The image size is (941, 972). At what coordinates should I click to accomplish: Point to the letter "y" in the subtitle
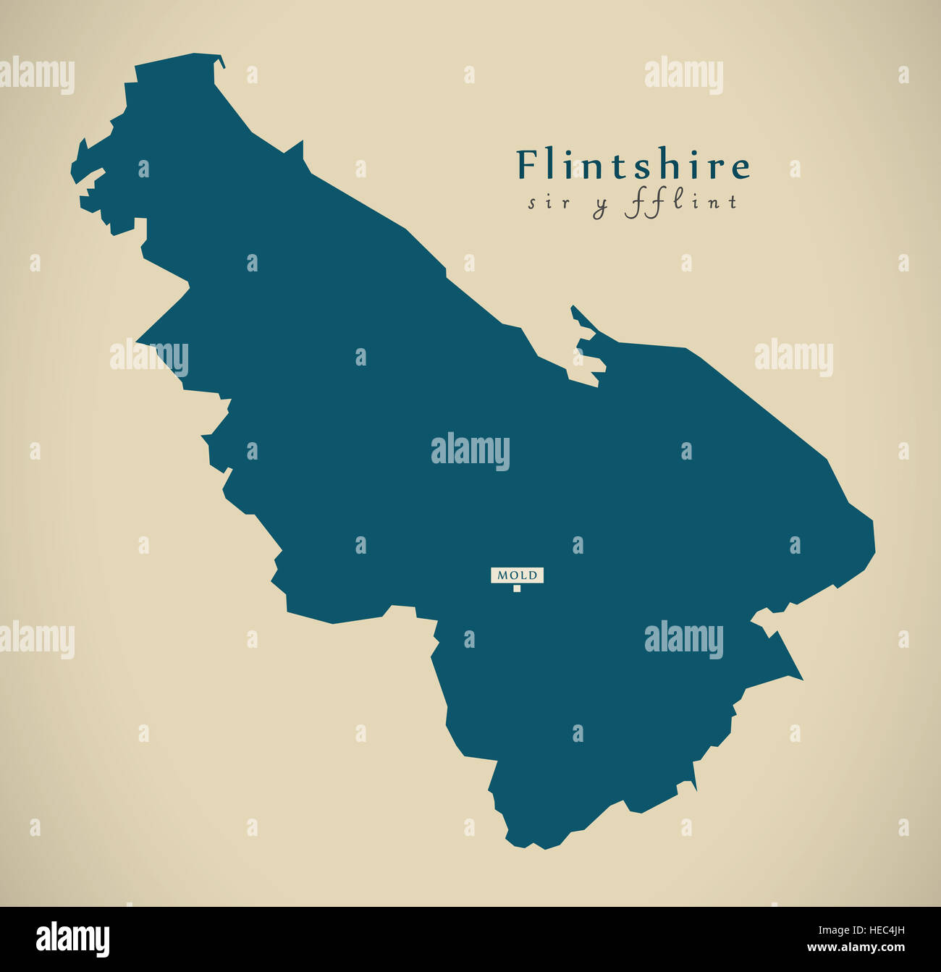(x=600, y=206)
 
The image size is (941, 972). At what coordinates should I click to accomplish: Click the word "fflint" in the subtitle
(x=680, y=203)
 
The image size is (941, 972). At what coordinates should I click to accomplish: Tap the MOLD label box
(x=517, y=575)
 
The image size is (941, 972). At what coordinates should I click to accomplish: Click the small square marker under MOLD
(x=517, y=588)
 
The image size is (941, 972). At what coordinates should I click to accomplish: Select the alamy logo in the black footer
(x=72, y=939)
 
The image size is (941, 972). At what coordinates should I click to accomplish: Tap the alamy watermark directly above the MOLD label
(x=470, y=452)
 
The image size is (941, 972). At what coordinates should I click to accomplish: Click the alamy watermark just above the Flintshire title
(x=683, y=75)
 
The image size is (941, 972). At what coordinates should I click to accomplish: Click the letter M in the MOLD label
(x=500, y=575)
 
